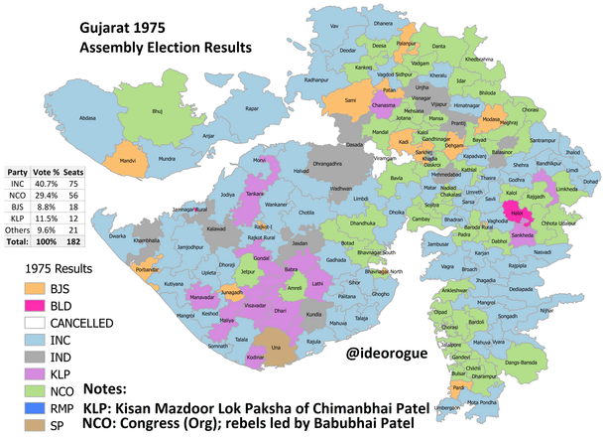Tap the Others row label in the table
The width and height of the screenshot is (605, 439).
click(18, 229)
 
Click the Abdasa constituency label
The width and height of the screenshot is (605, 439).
click(88, 117)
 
